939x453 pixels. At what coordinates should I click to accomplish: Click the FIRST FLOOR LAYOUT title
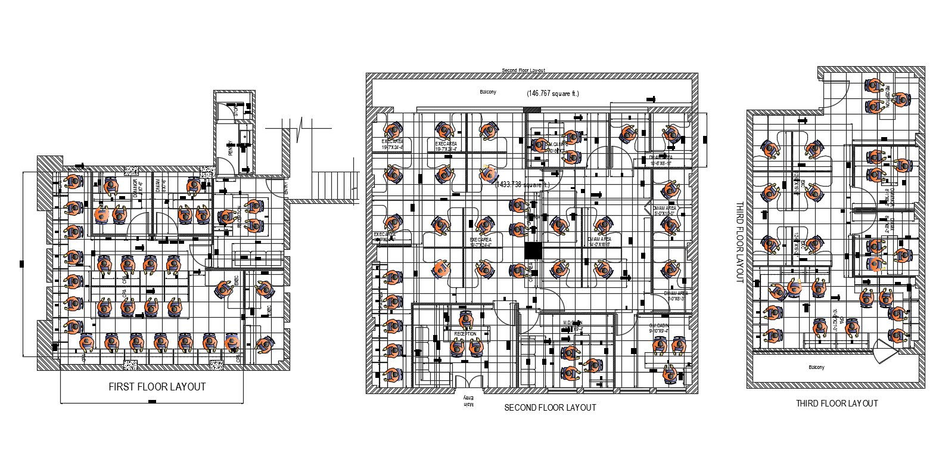pyautogui.click(x=157, y=387)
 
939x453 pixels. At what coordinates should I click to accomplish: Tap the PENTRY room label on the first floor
pyautogui.click(x=230, y=147)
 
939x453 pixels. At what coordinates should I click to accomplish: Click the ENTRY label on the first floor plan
pyautogui.click(x=286, y=188)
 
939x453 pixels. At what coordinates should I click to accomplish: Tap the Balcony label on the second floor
pyautogui.click(x=488, y=92)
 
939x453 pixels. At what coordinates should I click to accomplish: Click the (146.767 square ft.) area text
pyautogui.click(x=552, y=94)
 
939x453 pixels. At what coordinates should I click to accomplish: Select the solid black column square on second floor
pyautogui.click(x=533, y=251)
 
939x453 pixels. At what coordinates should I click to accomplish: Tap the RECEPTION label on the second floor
pyautogui.click(x=465, y=334)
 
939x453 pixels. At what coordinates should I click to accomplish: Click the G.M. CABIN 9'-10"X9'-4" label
pyautogui.click(x=659, y=328)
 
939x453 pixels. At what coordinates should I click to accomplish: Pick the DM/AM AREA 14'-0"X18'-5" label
pyautogui.click(x=599, y=241)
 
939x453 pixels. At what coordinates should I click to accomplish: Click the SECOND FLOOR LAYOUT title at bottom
pyautogui.click(x=549, y=408)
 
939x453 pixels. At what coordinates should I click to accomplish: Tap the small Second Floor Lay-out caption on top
pyautogui.click(x=523, y=70)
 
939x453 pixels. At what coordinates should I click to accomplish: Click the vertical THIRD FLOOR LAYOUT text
pyautogui.click(x=739, y=242)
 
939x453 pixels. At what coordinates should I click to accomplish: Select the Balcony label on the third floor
pyautogui.click(x=816, y=368)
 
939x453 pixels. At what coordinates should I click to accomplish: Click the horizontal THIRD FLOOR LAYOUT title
pyautogui.click(x=837, y=404)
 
